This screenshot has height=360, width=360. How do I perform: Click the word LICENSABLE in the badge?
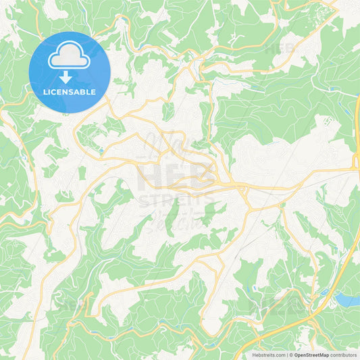tap(70, 92)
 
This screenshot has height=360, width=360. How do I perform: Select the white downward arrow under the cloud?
tap(66, 76)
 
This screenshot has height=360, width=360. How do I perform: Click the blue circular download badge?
tap(70, 72)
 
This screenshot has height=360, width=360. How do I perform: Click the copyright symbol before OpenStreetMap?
tap(292, 354)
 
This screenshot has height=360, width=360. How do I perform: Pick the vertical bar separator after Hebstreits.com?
tap(287, 354)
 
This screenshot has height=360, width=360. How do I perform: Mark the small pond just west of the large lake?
tap(324, 292)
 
